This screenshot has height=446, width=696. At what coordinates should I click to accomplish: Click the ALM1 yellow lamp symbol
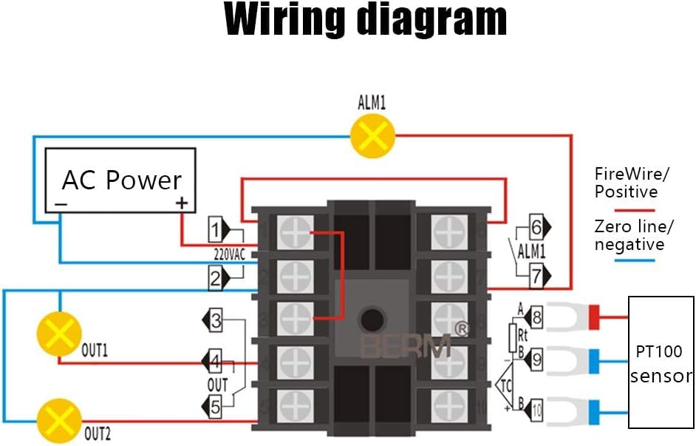[x=372, y=135]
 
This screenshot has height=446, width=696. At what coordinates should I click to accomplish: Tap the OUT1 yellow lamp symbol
[x=58, y=333]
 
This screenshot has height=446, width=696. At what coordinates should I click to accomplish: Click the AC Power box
[x=121, y=180]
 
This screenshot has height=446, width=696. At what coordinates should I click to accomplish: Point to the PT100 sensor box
[x=661, y=362]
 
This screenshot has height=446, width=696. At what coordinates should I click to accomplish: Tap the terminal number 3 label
[x=215, y=321]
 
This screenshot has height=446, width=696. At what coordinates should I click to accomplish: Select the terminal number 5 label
[x=215, y=405]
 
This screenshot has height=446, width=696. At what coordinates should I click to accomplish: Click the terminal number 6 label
[x=536, y=227]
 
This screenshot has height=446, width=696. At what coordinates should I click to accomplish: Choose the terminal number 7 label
[x=536, y=276]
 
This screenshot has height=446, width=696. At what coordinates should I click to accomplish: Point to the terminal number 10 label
[x=536, y=408]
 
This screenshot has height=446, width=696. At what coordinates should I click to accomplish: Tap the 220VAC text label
[x=230, y=254]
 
